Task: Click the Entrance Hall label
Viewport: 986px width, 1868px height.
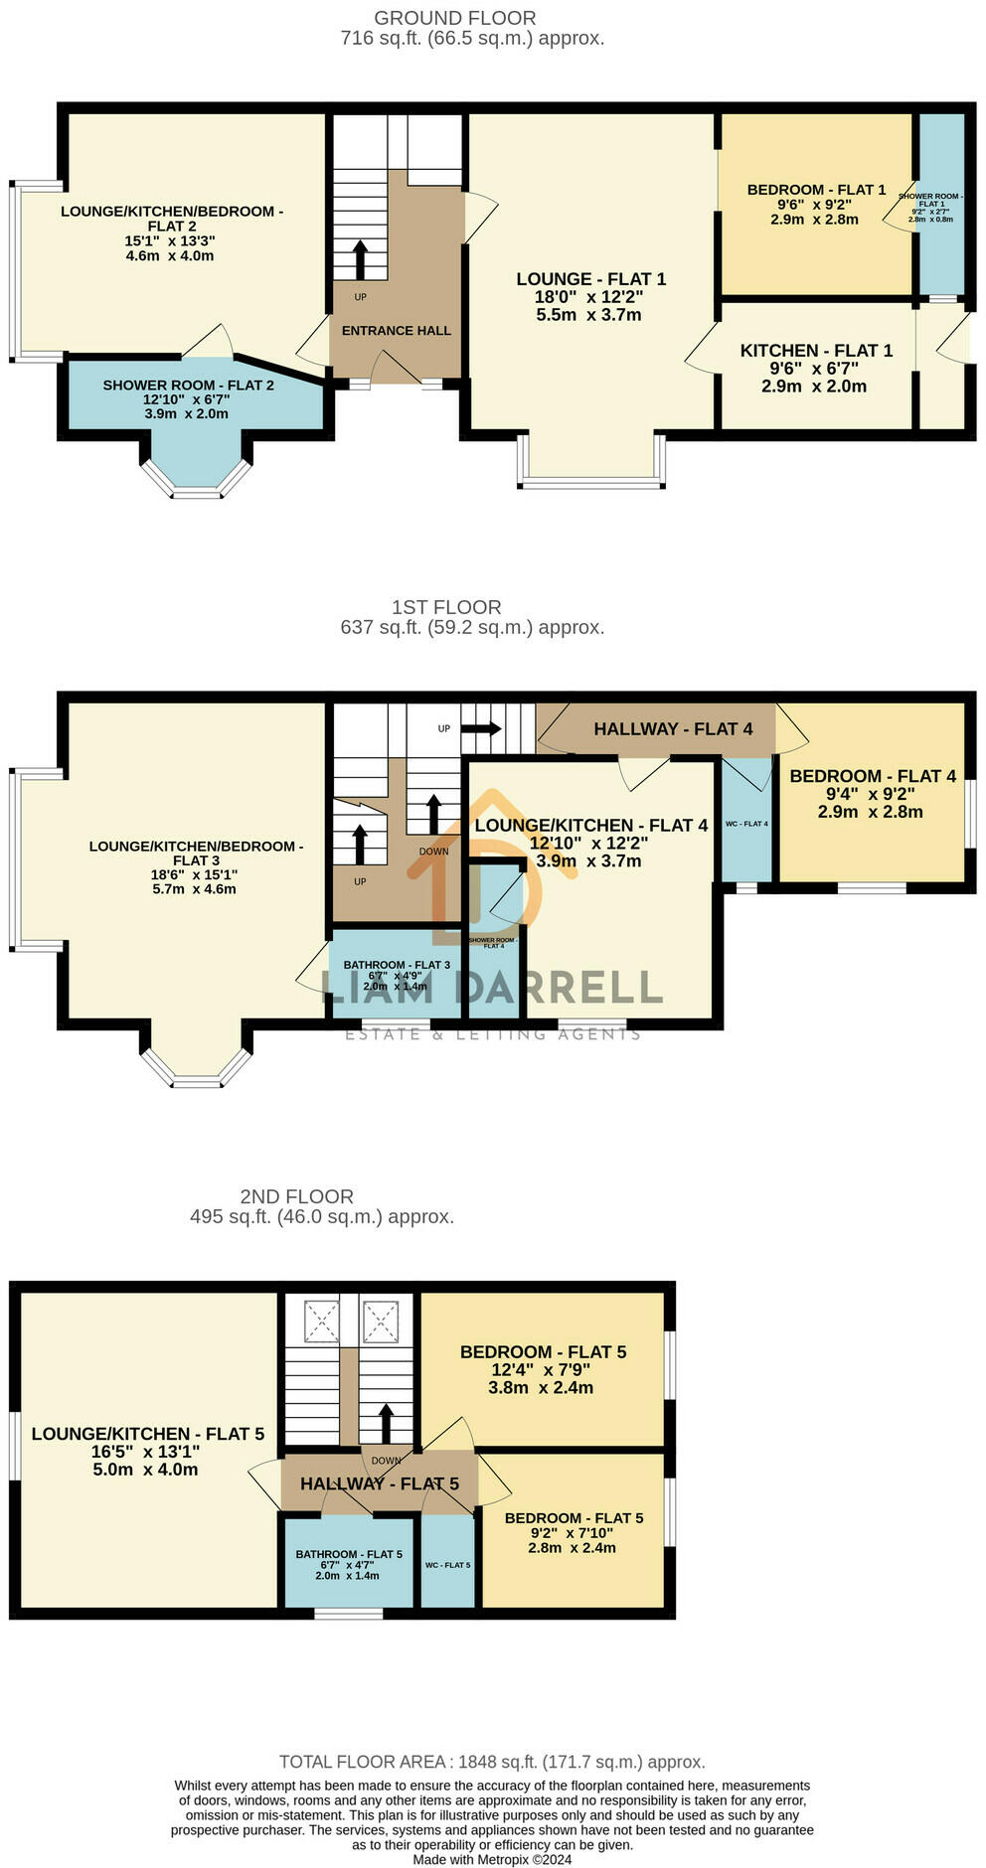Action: point(396,331)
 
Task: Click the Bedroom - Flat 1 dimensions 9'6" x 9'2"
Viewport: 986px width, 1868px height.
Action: point(814,205)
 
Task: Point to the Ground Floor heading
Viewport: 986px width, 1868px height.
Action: point(454,18)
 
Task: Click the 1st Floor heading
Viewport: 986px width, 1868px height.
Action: point(445,607)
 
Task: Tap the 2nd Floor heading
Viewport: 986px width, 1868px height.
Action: point(296,1196)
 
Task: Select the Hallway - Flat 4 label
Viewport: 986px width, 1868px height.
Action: point(672,729)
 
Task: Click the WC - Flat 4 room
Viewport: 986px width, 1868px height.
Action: point(745,823)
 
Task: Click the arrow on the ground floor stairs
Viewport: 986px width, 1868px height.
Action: point(360,257)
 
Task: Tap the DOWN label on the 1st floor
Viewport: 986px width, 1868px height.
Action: point(433,852)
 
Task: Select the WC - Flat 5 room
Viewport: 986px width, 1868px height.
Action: point(447,1564)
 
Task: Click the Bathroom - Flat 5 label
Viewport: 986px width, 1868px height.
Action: point(348,1554)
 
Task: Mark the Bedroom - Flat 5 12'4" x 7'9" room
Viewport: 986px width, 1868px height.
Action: point(543,1369)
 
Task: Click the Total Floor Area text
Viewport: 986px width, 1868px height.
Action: point(492,1762)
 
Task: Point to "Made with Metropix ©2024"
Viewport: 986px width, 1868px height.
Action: point(492,1859)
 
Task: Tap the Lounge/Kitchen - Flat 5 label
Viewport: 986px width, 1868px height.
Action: point(147,1434)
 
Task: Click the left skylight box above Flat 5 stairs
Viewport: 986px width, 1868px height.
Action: point(321,1321)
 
